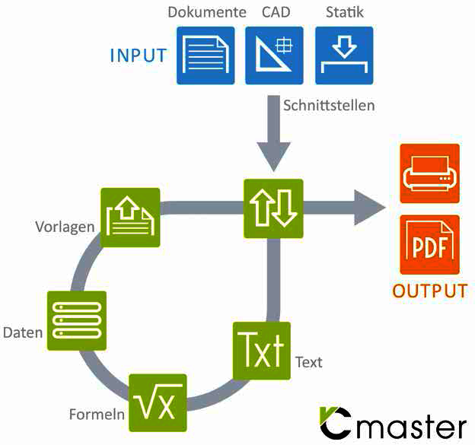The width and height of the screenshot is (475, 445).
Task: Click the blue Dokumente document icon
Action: click(206, 56)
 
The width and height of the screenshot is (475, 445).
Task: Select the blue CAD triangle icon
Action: click(274, 56)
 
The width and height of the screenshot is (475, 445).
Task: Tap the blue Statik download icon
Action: click(344, 56)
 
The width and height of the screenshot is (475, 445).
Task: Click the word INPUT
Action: click(138, 56)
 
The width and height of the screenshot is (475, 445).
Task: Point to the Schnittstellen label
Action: click(329, 106)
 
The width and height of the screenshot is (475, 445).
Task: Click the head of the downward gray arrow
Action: click(274, 157)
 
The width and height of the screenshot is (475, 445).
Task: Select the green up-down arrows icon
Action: click(273, 208)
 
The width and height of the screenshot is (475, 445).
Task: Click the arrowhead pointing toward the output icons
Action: click(370, 208)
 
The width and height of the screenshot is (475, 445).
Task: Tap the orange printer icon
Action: click(429, 173)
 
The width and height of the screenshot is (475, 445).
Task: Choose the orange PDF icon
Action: click(429, 245)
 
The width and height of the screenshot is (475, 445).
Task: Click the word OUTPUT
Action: click(430, 291)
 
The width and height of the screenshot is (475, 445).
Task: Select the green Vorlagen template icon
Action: click(130, 218)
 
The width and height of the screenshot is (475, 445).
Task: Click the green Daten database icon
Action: click(77, 320)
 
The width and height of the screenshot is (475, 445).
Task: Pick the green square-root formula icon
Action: click(158, 402)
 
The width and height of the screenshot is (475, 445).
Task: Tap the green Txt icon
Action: click(262, 351)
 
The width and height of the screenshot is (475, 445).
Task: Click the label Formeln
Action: click(97, 414)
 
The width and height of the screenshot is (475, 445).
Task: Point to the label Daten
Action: click(23, 332)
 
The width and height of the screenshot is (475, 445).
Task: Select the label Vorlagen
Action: click(65, 227)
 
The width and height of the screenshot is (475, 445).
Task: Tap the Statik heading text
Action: click(345, 12)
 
